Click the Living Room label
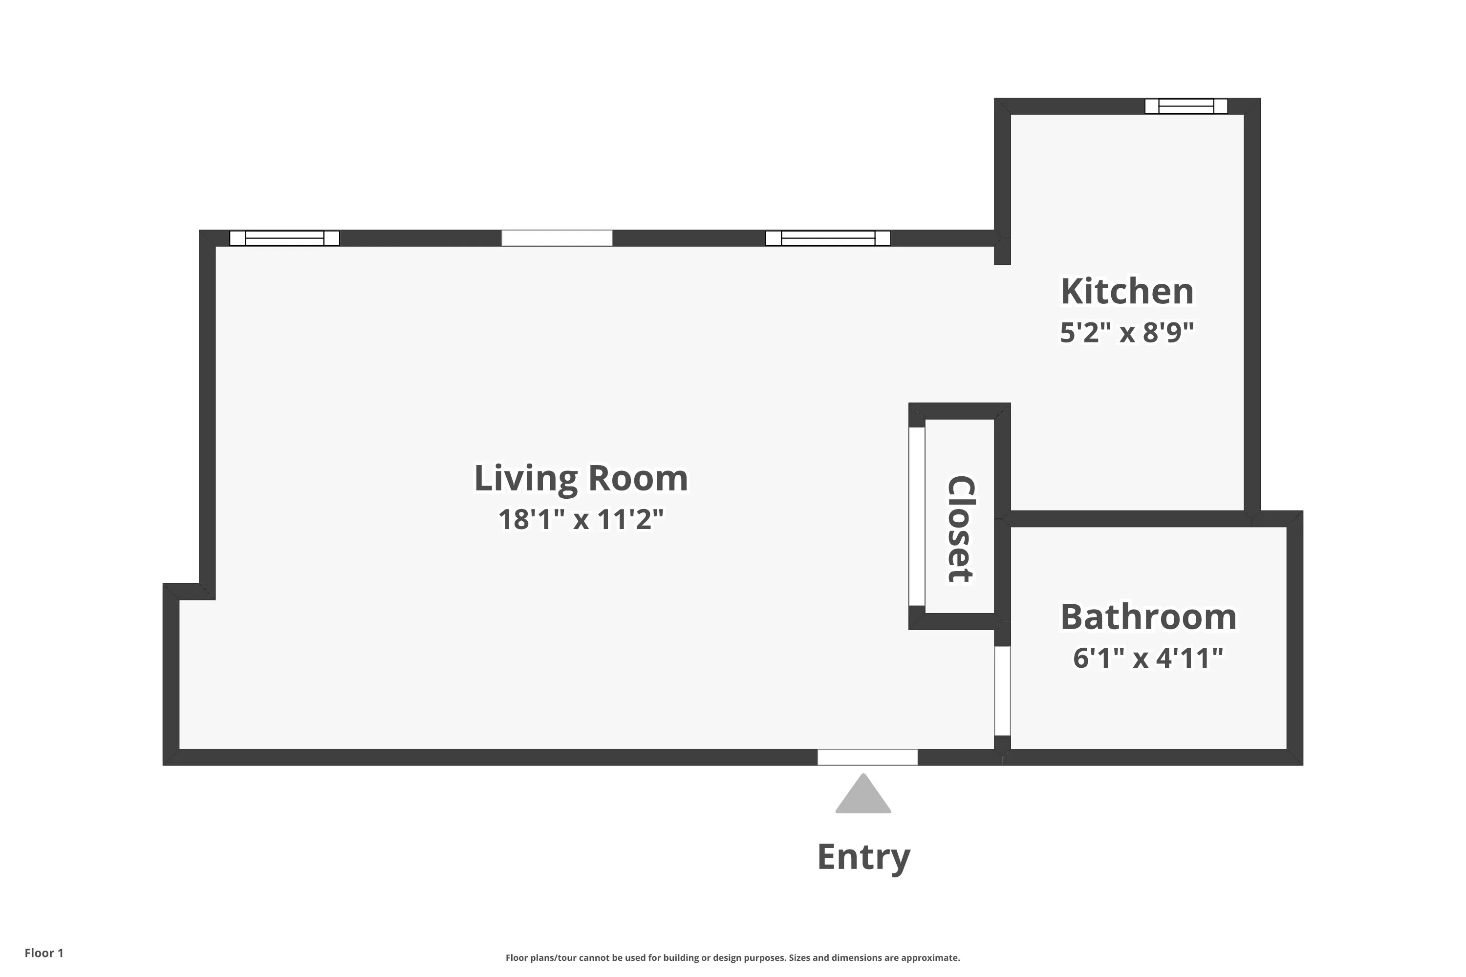[581, 479]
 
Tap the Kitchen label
[1127, 292]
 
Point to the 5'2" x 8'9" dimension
[1127, 333]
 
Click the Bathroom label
[1148, 617]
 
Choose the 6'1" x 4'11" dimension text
[1148, 658]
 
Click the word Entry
[863, 857]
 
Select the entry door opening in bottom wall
[868, 757]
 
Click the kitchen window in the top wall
[1186, 106]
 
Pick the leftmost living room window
[284, 238]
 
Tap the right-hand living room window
[828, 238]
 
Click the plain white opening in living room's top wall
[557, 238]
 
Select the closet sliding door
[916, 516]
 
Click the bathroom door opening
[1002, 691]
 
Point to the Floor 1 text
[43, 953]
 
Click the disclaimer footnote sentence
[733, 957]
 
